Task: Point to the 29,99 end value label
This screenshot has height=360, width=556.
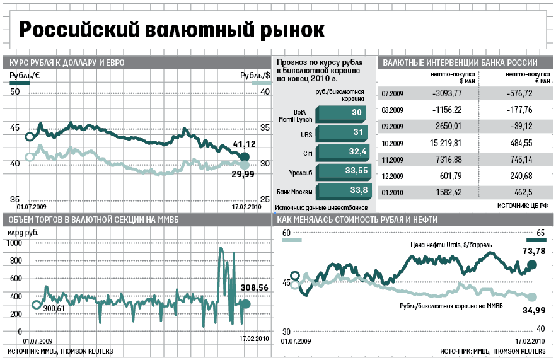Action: pyautogui.click(x=243, y=174)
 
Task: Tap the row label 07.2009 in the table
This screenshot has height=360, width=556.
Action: pyautogui.click(x=393, y=93)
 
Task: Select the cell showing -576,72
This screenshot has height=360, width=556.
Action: pyautogui.click(x=517, y=93)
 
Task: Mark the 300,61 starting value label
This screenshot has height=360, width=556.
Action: pyautogui.click(x=54, y=310)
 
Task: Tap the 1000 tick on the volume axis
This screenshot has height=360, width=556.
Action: pyautogui.click(x=14, y=243)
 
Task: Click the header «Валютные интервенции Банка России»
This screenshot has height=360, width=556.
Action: pyautogui.click(x=460, y=62)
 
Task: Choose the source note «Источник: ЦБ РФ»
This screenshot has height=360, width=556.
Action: pyautogui.click(x=523, y=206)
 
